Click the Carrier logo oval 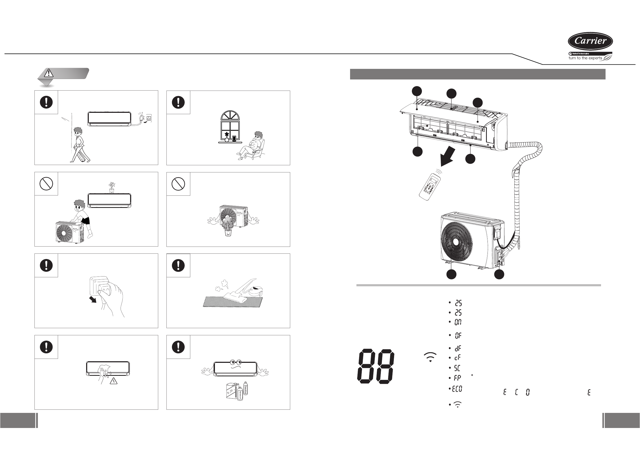click(x=590, y=41)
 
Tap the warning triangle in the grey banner click(x=49, y=73)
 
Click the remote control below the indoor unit click(x=430, y=187)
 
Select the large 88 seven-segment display click(x=376, y=366)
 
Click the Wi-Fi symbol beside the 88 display click(x=430, y=357)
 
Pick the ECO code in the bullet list click(x=457, y=389)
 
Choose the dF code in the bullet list click(x=457, y=348)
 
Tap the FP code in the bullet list click(x=457, y=378)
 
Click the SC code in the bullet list click(x=457, y=368)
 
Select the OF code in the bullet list click(x=458, y=335)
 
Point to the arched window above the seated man click(x=230, y=126)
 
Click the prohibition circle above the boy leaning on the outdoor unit click(x=46, y=184)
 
